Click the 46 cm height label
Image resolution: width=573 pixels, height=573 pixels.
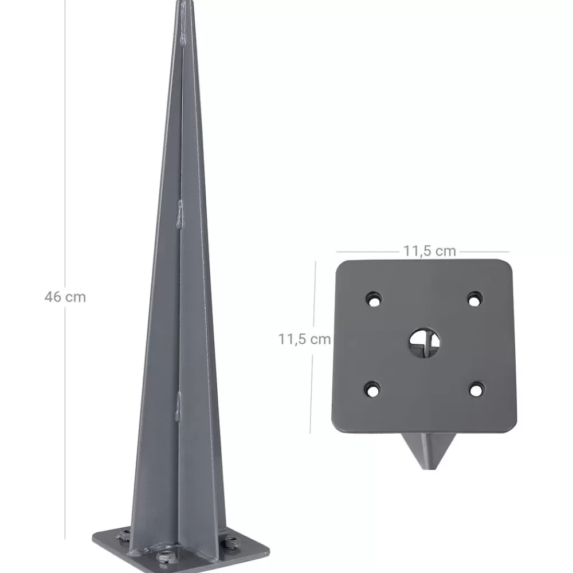[x=65, y=297]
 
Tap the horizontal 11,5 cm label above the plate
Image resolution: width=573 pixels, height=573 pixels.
[x=429, y=251]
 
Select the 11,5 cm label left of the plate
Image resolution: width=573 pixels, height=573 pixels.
[x=304, y=339]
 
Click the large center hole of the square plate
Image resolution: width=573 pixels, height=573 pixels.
[x=424, y=343]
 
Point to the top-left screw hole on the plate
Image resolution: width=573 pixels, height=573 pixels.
[x=374, y=300]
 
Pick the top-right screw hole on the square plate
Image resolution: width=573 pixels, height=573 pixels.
[x=474, y=300]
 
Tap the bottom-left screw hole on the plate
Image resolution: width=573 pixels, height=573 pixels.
[x=372, y=390]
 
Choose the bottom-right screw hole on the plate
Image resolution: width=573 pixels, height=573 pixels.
[x=476, y=390]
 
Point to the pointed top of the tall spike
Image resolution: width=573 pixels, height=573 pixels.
[x=184, y=2]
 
